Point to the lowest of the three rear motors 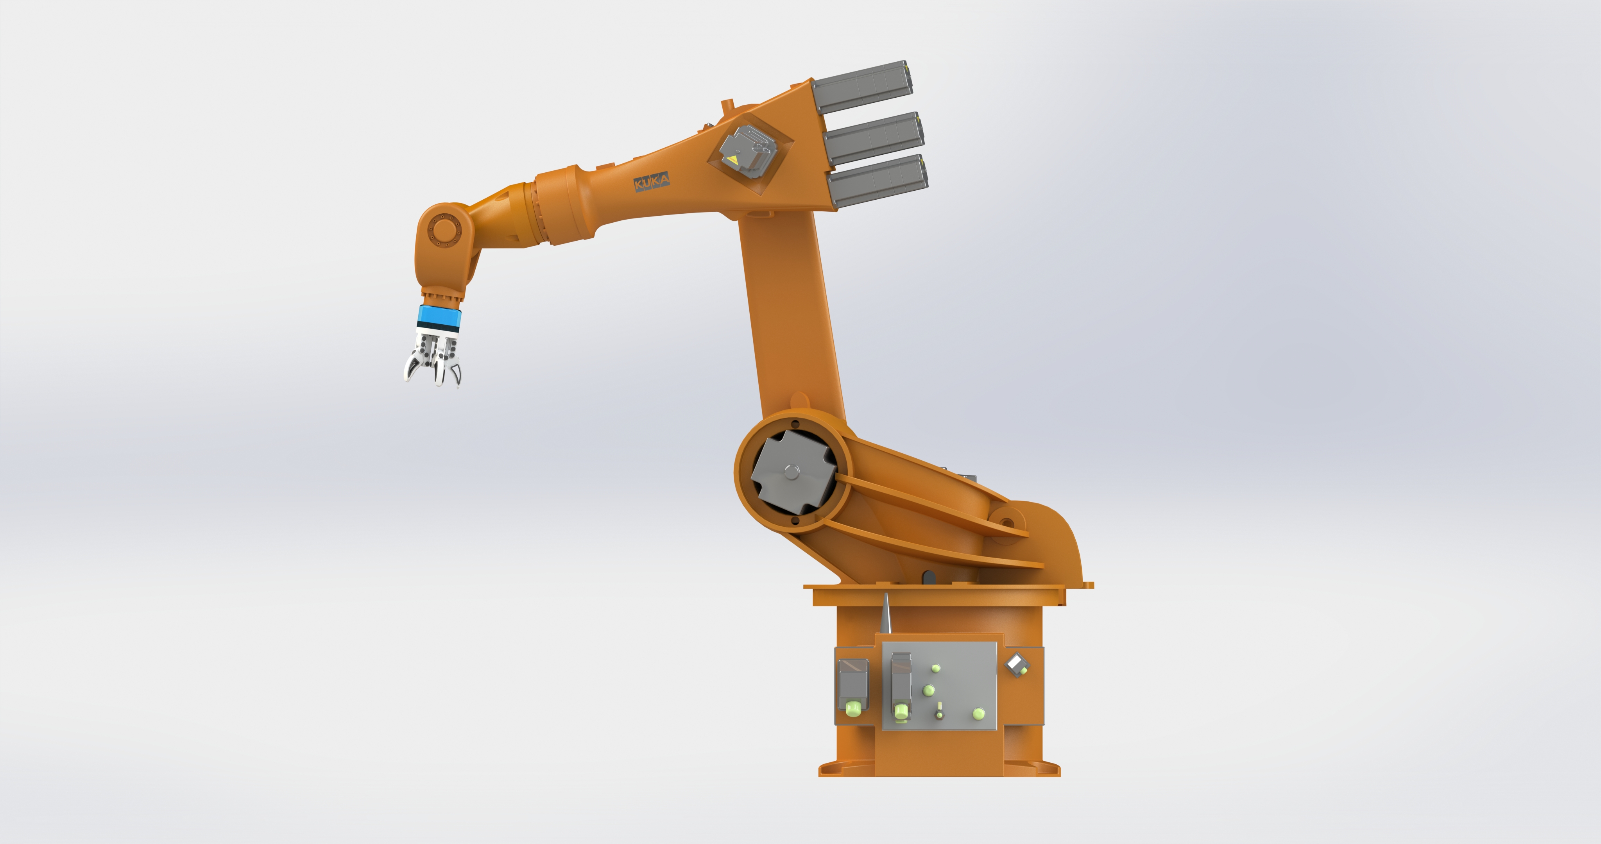point(879,181)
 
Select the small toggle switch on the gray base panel point(940,710)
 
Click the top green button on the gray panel point(935,669)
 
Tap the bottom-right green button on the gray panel point(978,713)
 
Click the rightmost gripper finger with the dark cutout point(456,373)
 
